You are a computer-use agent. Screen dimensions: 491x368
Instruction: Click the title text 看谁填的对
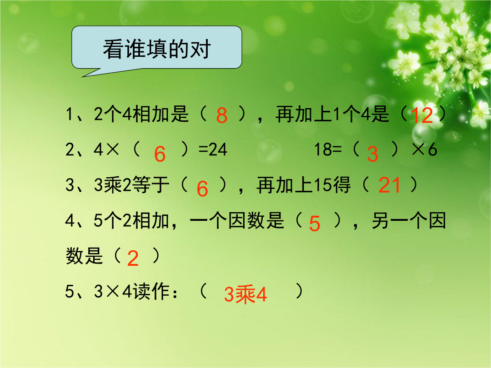[x=156, y=49]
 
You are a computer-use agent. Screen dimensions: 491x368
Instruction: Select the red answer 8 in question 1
[x=222, y=115]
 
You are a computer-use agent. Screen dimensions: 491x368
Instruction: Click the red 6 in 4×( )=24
[x=160, y=154]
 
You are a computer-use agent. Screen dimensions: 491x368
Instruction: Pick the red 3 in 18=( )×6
[x=373, y=154]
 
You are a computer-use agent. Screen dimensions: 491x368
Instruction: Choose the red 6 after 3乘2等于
[x=202, y=189]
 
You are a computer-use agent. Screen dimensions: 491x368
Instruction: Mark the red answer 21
[x=390, y=185]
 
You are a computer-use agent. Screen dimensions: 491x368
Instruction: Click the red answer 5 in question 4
[x=315, y=224]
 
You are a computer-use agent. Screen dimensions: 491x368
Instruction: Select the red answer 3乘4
[x=245, y=294]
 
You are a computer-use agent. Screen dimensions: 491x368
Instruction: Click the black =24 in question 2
[x=213, y=149]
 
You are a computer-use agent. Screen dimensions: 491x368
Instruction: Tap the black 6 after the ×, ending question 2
[x=432, y=149]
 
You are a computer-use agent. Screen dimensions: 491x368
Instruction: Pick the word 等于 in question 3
[x=151, y=184]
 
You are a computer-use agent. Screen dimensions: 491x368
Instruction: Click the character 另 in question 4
[x=381, y=221]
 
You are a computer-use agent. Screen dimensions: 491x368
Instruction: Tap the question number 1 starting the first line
[x=69, y=114]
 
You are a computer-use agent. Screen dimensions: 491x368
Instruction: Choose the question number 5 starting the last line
[x=69, y=291]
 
